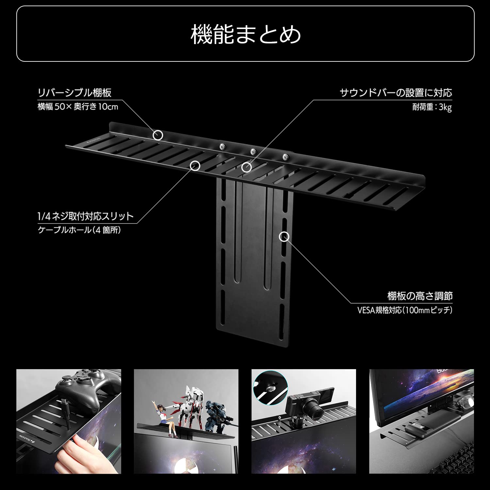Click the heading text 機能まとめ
click(x=245, y=34)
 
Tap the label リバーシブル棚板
click(x=74, y=92)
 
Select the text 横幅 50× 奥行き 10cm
click(x=78, y=107)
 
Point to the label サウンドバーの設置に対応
click(x=396, y=93)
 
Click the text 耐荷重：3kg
click(x=432, y=107)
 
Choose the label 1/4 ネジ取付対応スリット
click(x=86, y=216)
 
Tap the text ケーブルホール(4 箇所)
click(x=79, y=230)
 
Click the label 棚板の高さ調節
click(x=420, y=296)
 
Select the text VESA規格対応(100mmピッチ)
click(x=405, y=310)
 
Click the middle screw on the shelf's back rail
click(x=253, y=152)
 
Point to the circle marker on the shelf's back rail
click(x=158, y=135)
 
